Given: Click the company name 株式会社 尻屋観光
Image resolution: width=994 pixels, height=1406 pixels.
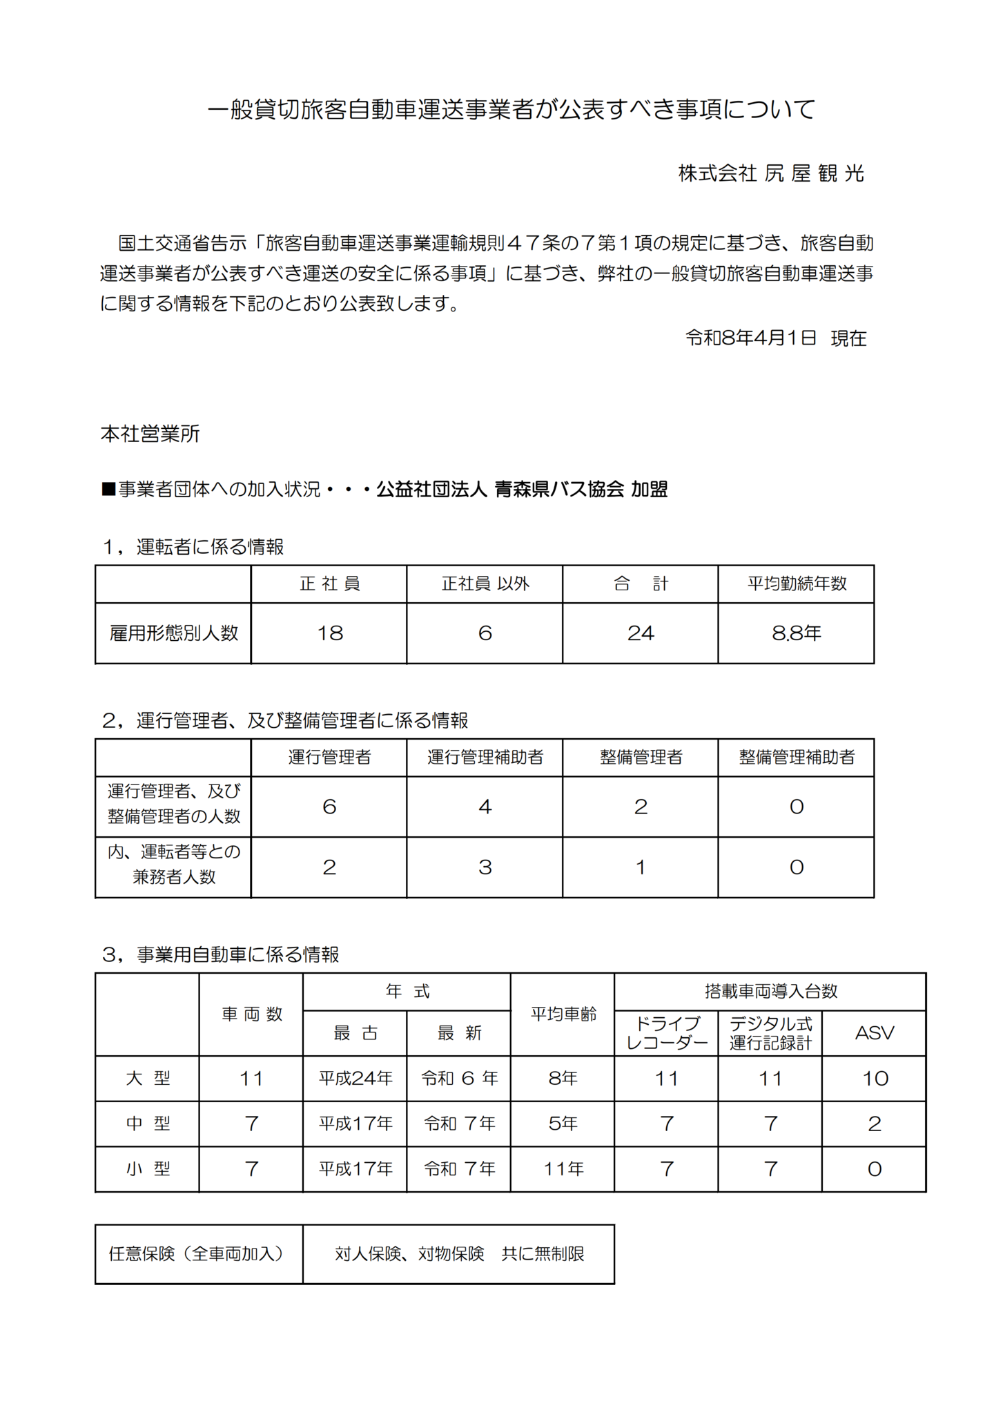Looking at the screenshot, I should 770,173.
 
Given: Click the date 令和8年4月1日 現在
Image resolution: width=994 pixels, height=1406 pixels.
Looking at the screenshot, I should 775,338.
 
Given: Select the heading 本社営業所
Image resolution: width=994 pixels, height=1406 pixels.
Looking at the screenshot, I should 150,434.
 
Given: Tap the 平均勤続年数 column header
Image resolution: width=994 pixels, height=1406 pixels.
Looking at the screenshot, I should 796,584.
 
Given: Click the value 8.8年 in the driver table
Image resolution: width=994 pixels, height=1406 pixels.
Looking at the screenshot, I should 796,633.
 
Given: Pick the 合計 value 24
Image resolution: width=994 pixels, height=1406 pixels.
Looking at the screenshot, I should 640,633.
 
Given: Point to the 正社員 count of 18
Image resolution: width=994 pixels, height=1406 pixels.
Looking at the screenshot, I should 329,633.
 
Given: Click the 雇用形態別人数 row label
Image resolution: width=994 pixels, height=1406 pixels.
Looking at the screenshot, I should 173,633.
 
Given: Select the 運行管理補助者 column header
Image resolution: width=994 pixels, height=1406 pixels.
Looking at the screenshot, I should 485,757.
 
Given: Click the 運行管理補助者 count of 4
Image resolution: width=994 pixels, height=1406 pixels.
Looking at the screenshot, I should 485,807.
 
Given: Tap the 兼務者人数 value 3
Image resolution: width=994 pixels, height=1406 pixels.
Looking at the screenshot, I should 485,867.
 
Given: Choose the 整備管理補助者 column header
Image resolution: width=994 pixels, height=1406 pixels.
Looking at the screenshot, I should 796,757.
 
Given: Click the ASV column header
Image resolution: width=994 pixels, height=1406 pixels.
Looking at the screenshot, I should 874,1033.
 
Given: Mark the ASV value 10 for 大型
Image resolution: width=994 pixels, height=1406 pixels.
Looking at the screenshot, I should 874,1079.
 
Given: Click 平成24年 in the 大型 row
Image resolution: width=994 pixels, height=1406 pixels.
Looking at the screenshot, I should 355,1079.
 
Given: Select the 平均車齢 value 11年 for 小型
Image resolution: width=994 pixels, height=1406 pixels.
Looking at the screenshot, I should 563,1169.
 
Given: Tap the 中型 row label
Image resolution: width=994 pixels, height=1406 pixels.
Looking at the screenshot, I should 148,1124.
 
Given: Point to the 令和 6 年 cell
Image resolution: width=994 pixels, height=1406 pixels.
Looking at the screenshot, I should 459,1079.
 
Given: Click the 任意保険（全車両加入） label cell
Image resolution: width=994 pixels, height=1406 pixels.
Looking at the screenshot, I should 199,1253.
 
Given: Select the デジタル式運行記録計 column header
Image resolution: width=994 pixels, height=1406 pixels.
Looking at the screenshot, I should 770,1033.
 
